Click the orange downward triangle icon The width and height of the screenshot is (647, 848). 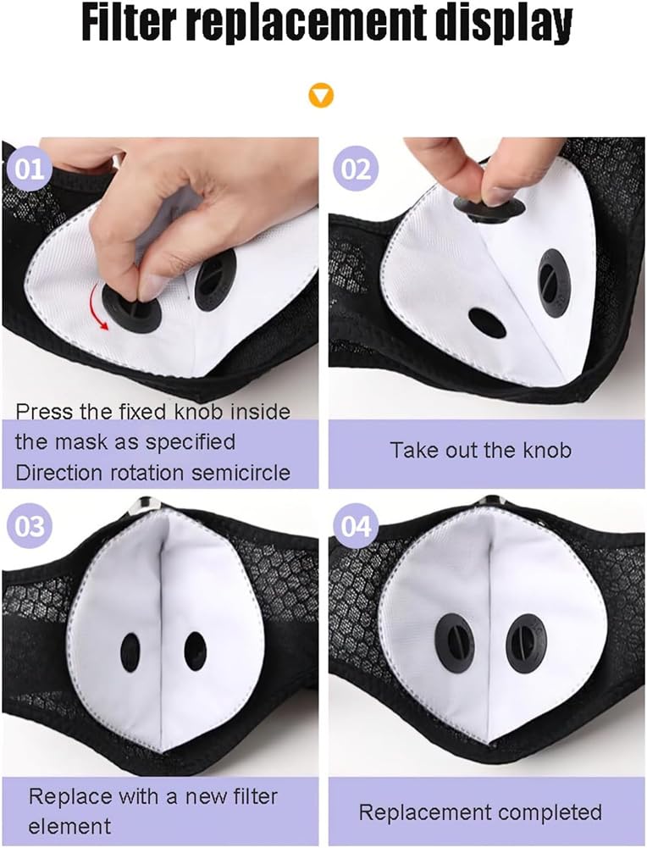click(320, 96)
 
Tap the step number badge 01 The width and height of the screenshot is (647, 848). click(29, 169)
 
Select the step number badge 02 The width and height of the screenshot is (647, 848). click(356, 169)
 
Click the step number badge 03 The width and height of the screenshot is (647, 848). click(29, 526)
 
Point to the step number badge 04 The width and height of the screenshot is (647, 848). click(356, 526)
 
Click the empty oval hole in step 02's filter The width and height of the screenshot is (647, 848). click(487, 322)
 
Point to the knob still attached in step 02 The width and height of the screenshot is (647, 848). click(554, 283)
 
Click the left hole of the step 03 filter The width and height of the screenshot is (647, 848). click(130, 652)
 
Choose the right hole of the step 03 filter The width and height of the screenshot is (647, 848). click(195, 651)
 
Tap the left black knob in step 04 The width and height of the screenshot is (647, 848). click(455, 643)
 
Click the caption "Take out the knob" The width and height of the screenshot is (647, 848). click(480, 451)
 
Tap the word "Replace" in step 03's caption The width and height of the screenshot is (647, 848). click(70, 796)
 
